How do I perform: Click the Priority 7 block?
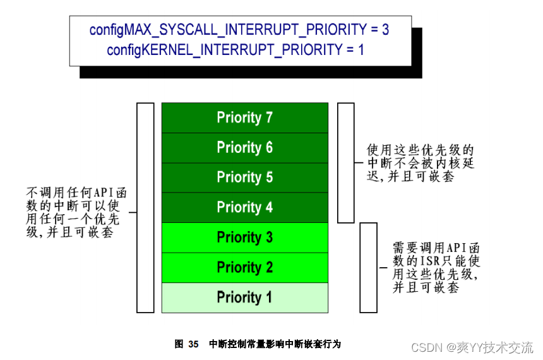244,117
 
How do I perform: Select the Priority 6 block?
244,148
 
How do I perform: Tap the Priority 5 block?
244,177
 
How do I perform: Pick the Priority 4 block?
244,207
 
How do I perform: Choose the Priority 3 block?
244,237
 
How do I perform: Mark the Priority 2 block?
244,267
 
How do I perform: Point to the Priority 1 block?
244,297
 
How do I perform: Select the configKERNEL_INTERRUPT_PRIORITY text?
224,49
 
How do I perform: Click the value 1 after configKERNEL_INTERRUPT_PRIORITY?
361,49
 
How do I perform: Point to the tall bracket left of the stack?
145,208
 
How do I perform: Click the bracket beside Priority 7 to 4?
345,163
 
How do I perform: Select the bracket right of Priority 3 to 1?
368,267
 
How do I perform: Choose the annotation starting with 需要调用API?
436,267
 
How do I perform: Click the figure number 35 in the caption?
193,344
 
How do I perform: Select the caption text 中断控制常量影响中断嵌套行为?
275,344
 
